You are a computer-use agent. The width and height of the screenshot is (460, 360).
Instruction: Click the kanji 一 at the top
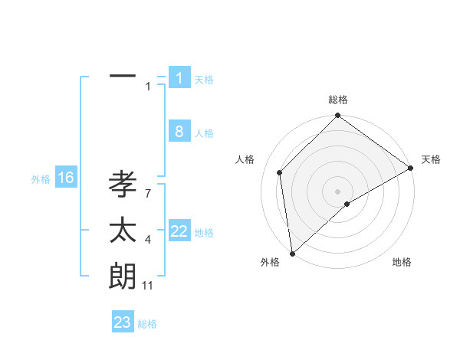(x=123, y=77)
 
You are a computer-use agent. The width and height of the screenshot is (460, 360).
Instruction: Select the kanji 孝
(x=123, y=185)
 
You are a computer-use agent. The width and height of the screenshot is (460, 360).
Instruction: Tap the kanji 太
(x=123, y=231)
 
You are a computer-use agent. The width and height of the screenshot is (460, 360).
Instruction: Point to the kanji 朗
(x=123, y=277)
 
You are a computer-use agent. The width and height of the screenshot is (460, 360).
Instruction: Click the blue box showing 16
(x=66, y=178)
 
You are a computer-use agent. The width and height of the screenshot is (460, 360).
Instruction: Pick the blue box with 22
(x=179, y=231)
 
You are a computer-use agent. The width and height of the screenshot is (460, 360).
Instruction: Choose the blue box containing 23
(x=123, y=322)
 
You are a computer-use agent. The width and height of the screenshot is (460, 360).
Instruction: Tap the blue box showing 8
(x=179, y=132)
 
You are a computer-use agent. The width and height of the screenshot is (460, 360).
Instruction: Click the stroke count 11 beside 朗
(x=148, y=286)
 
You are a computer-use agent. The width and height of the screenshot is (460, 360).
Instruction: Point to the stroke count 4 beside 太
(x=147, y=241)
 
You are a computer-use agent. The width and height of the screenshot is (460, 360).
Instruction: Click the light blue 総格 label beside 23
(x=147, y=324)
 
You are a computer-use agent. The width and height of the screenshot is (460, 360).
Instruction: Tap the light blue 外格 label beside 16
(x=41, y=179)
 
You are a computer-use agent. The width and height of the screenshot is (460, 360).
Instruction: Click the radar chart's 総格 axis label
(x=338, y=100)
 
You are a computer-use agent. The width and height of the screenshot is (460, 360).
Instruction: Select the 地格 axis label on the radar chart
(x=402, y=262)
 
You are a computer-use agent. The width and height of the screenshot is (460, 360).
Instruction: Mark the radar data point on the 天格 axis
(x=412, y=169)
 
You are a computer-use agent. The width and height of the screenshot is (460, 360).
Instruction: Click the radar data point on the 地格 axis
(x=347, y=204)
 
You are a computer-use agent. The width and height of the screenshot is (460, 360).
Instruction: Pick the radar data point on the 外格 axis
(x=292, y=254)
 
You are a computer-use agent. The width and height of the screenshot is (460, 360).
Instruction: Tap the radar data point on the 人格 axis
(x=280, y=172)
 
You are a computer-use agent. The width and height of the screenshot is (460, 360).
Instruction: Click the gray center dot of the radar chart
(x=338, y=191)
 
